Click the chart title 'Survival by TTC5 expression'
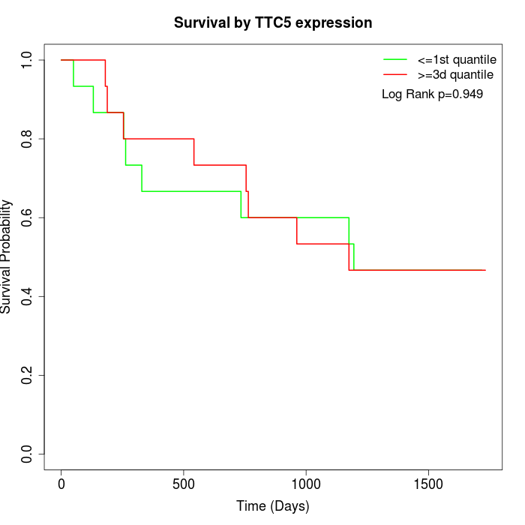point(273,23)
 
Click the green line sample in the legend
point(395,59)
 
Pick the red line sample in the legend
point(395,75)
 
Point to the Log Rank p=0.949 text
point(432,94)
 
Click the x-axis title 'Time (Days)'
point(273,506)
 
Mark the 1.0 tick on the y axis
point(28,60)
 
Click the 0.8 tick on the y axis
point(28,139)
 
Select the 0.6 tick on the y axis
point(28,217)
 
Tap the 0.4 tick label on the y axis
point(28,296)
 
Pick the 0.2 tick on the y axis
point(28,375)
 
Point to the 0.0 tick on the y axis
point(28,454)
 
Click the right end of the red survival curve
point(484,270)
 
